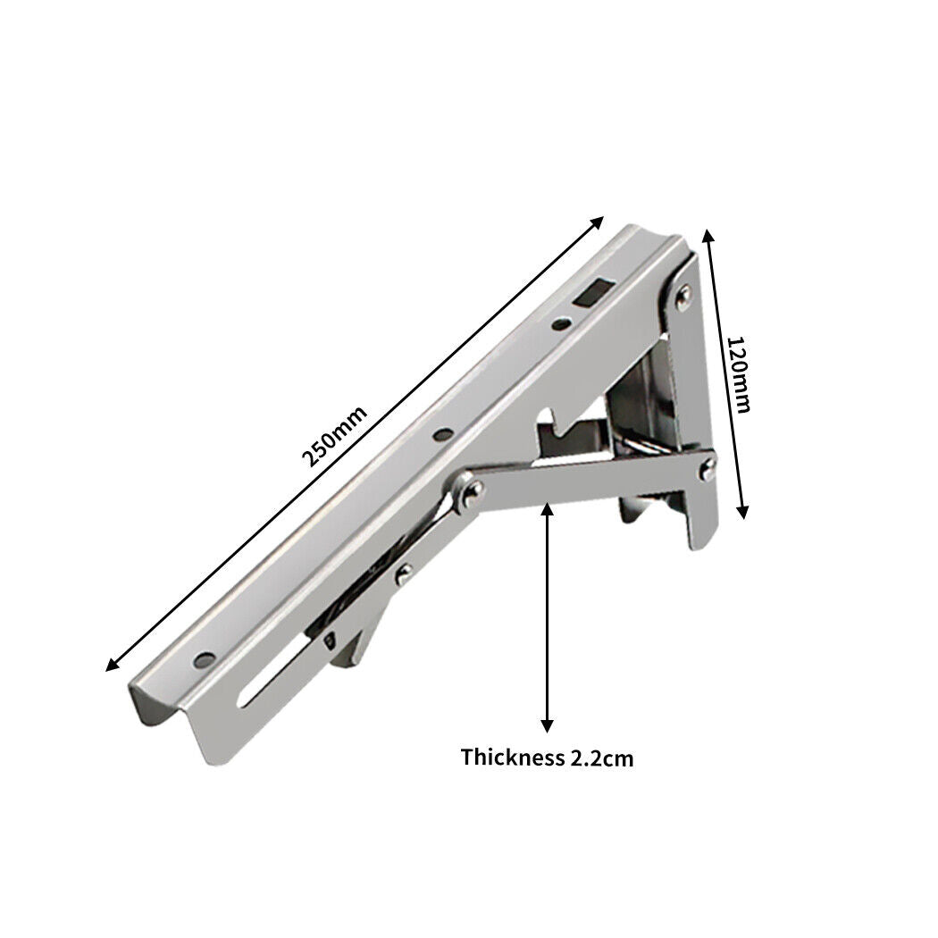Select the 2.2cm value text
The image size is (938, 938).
pyautogui.click(x=600, y=758)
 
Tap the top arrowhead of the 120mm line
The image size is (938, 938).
pyautogui.click(x=708, y=235)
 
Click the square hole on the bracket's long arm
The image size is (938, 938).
pyautogui.click(x=592, y=293)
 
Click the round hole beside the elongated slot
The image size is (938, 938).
pyautogui.click(x=204, y=661)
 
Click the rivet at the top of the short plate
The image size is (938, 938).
pyautogui.click(x=683, y=294)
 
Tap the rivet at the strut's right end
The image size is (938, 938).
pyautogui.click(x=707, y=465)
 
